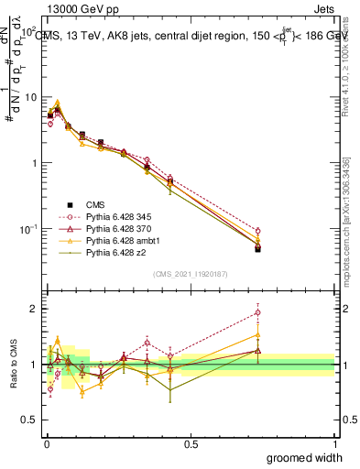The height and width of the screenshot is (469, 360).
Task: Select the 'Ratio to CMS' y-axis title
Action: click(x=14, y=364)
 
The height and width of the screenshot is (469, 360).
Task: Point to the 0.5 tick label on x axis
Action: click(x=191, y=442)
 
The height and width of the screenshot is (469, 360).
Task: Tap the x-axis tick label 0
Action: click(x=47, y=442)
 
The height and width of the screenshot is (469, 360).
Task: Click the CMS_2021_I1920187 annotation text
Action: click(x=191, y=273)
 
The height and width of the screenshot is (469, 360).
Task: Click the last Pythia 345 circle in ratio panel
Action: click(x=257, y=312)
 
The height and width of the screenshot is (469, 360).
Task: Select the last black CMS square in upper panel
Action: click(x=257, y=248)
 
